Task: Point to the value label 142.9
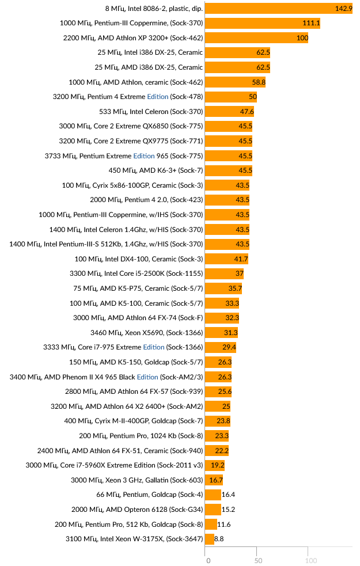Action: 343,9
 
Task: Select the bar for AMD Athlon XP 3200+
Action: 256,38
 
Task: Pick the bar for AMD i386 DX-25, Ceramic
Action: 237,67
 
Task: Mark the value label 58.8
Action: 258,82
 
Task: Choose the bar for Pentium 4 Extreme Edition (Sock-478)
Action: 231,97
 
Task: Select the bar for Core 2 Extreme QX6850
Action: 229,127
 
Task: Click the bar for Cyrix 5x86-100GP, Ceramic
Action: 228,185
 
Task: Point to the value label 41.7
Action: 241,259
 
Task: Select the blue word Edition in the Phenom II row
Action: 147,377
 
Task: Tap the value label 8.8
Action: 219,539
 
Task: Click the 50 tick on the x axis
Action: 259,560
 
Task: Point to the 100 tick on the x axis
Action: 311,560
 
